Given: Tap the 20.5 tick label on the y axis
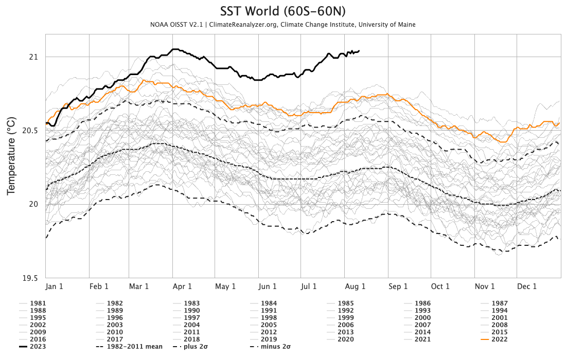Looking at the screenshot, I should pyautogui.click(x=30, y=131).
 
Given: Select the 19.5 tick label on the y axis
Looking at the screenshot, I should pyautogui.click(x=30, y=278).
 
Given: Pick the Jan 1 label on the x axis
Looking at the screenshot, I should pyautogui.click(x=55, y=286).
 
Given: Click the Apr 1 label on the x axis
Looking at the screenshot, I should pyautogui.click(x=182, y=286).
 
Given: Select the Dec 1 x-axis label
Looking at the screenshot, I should pyautogui.click(x=527, y=286).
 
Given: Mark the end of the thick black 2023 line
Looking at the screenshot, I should pyautogui.click(x=359, y=50).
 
